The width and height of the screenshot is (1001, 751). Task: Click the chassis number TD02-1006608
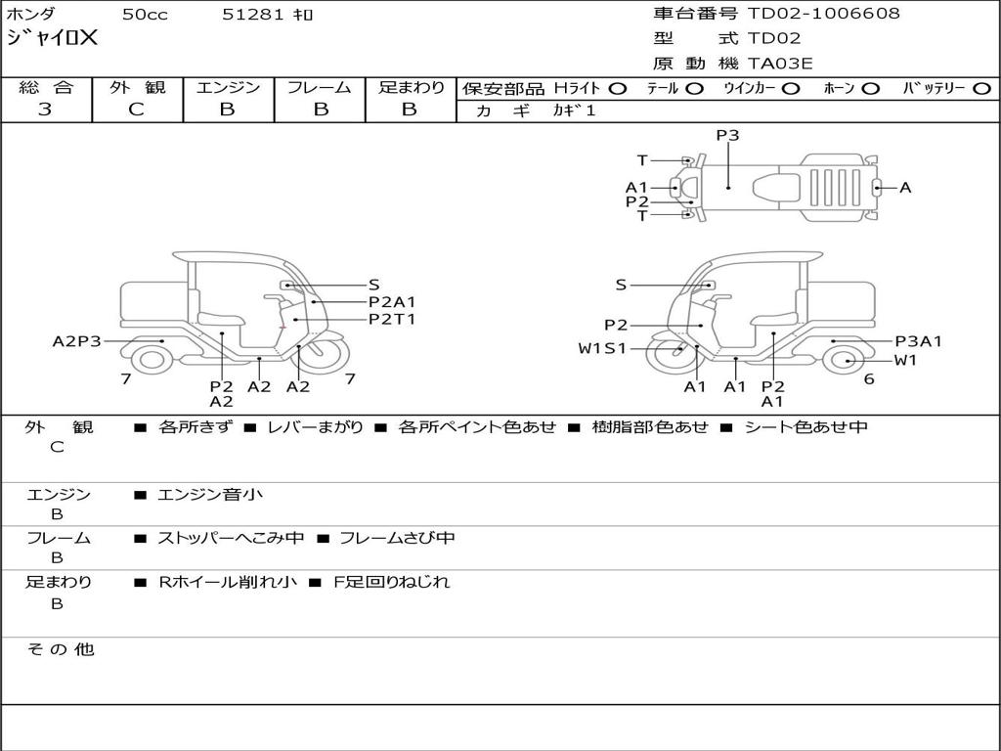[823, 14]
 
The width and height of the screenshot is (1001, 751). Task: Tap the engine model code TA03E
[780, 64]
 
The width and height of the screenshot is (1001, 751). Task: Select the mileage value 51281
[252, 15]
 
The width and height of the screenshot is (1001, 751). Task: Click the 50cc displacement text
[144, 15]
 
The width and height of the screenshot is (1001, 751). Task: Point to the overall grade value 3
[45, 110]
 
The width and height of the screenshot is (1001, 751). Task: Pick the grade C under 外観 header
[137, 110]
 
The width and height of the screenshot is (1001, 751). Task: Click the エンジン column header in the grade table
[228, 87]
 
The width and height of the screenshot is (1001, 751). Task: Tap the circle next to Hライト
[617, 88]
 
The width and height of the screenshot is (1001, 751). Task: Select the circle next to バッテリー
[981, 88]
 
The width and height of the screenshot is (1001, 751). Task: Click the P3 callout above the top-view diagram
[727, 136]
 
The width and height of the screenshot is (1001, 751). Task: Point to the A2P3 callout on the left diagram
[77, 341]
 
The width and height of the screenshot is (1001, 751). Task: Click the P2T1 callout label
[392, 319]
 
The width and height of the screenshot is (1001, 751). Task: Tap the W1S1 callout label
[602, 348]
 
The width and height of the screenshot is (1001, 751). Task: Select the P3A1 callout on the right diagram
[919, 341]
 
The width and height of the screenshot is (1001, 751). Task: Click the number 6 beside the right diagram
[869, 378]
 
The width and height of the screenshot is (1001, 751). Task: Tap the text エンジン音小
[210, 495]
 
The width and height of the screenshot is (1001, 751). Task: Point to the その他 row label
[60, 649]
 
